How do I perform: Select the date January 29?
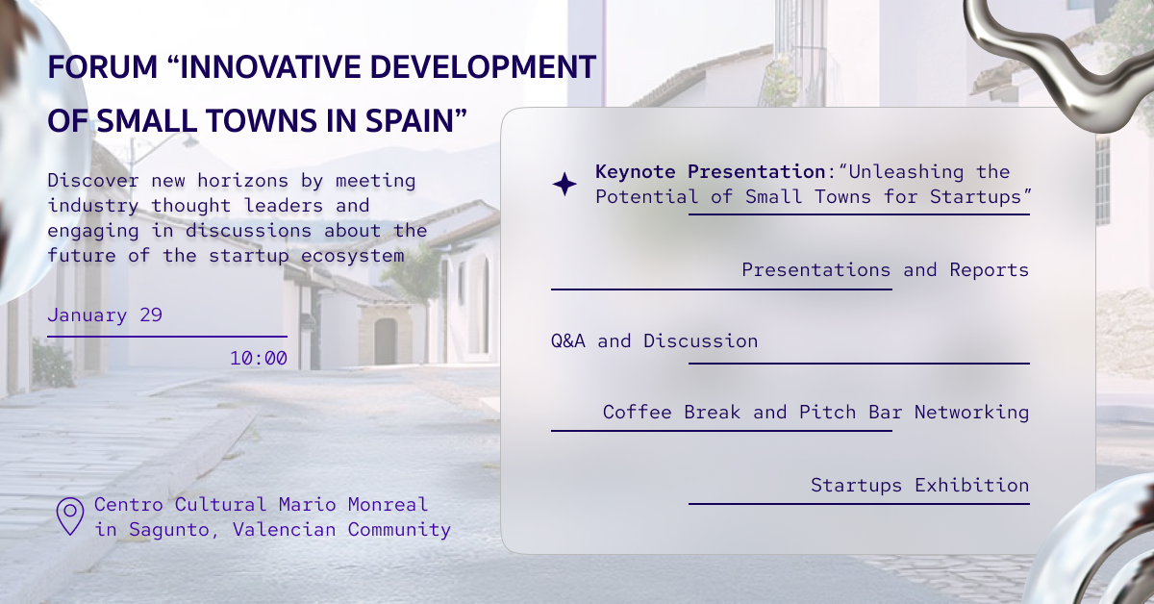click(x=105, y=315)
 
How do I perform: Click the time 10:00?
click(x=258, y=359)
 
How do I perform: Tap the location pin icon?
click(x=70, y=516)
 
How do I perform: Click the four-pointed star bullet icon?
click(x=564, y=184)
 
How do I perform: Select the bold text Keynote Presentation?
click(x=711, y=172)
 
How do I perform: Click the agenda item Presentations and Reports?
click(x=885, y=270)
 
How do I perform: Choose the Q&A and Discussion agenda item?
click(x=654, y=341)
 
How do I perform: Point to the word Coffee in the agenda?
click(x=637, y=413)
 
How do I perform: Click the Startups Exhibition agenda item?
click(x=919, y=486)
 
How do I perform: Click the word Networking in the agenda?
click(x=971, y=413)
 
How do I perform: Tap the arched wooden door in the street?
click(x=386, y=340)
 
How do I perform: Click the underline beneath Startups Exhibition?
click(x=859, y=503)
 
